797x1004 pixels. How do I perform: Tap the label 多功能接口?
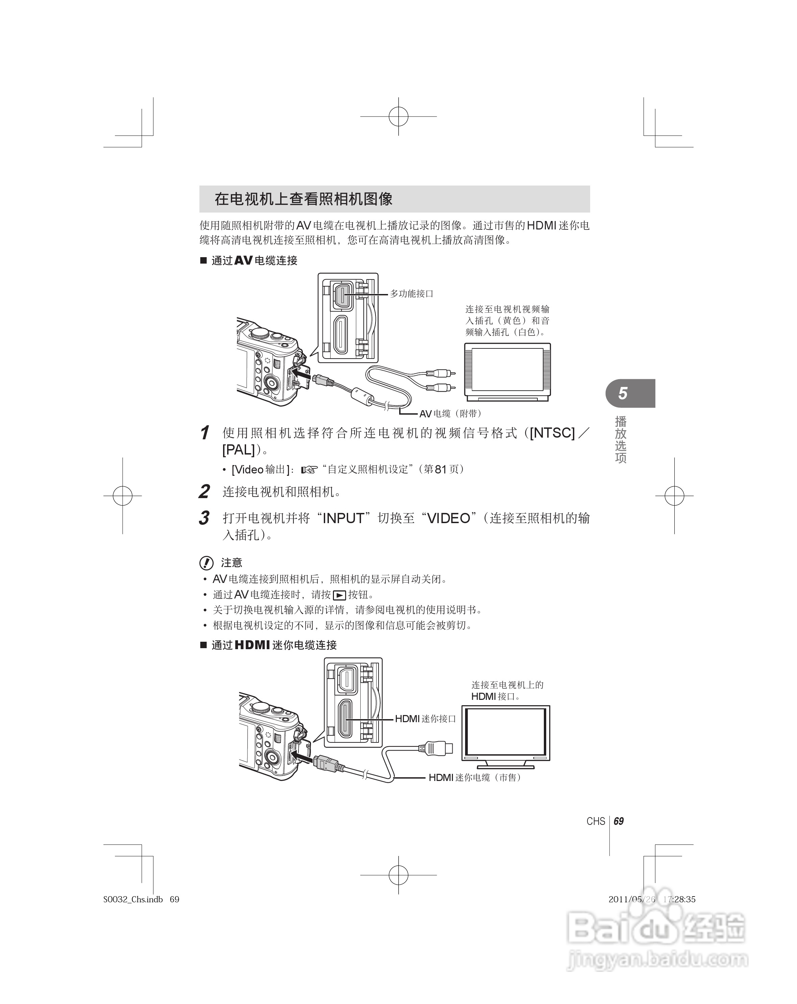point(411,294)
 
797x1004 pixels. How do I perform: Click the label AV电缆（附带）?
point(450,414)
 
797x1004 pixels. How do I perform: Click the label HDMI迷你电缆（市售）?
point(474,777)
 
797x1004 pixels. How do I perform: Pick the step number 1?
point(204,433)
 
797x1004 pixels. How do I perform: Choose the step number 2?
point(204,492)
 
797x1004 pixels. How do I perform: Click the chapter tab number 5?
point(623,393)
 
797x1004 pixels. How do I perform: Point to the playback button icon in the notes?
point(340,595)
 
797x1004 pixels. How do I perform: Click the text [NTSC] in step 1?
point(552,433)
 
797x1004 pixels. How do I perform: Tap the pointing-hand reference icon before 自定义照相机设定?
point(309,470)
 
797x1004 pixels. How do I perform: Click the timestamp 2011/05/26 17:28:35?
point(652,899)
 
